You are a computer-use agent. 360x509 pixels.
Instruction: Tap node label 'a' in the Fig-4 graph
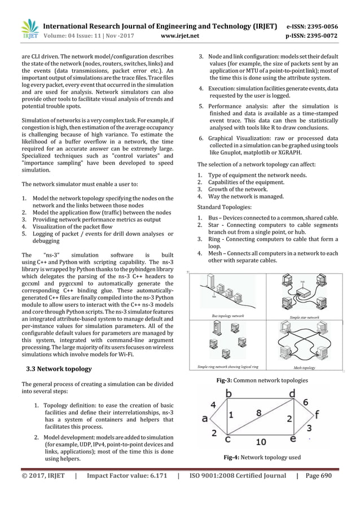point(204,419)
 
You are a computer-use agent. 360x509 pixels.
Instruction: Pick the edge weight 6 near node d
point(305,402)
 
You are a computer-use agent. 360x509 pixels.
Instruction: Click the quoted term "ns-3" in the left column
point(50,254)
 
